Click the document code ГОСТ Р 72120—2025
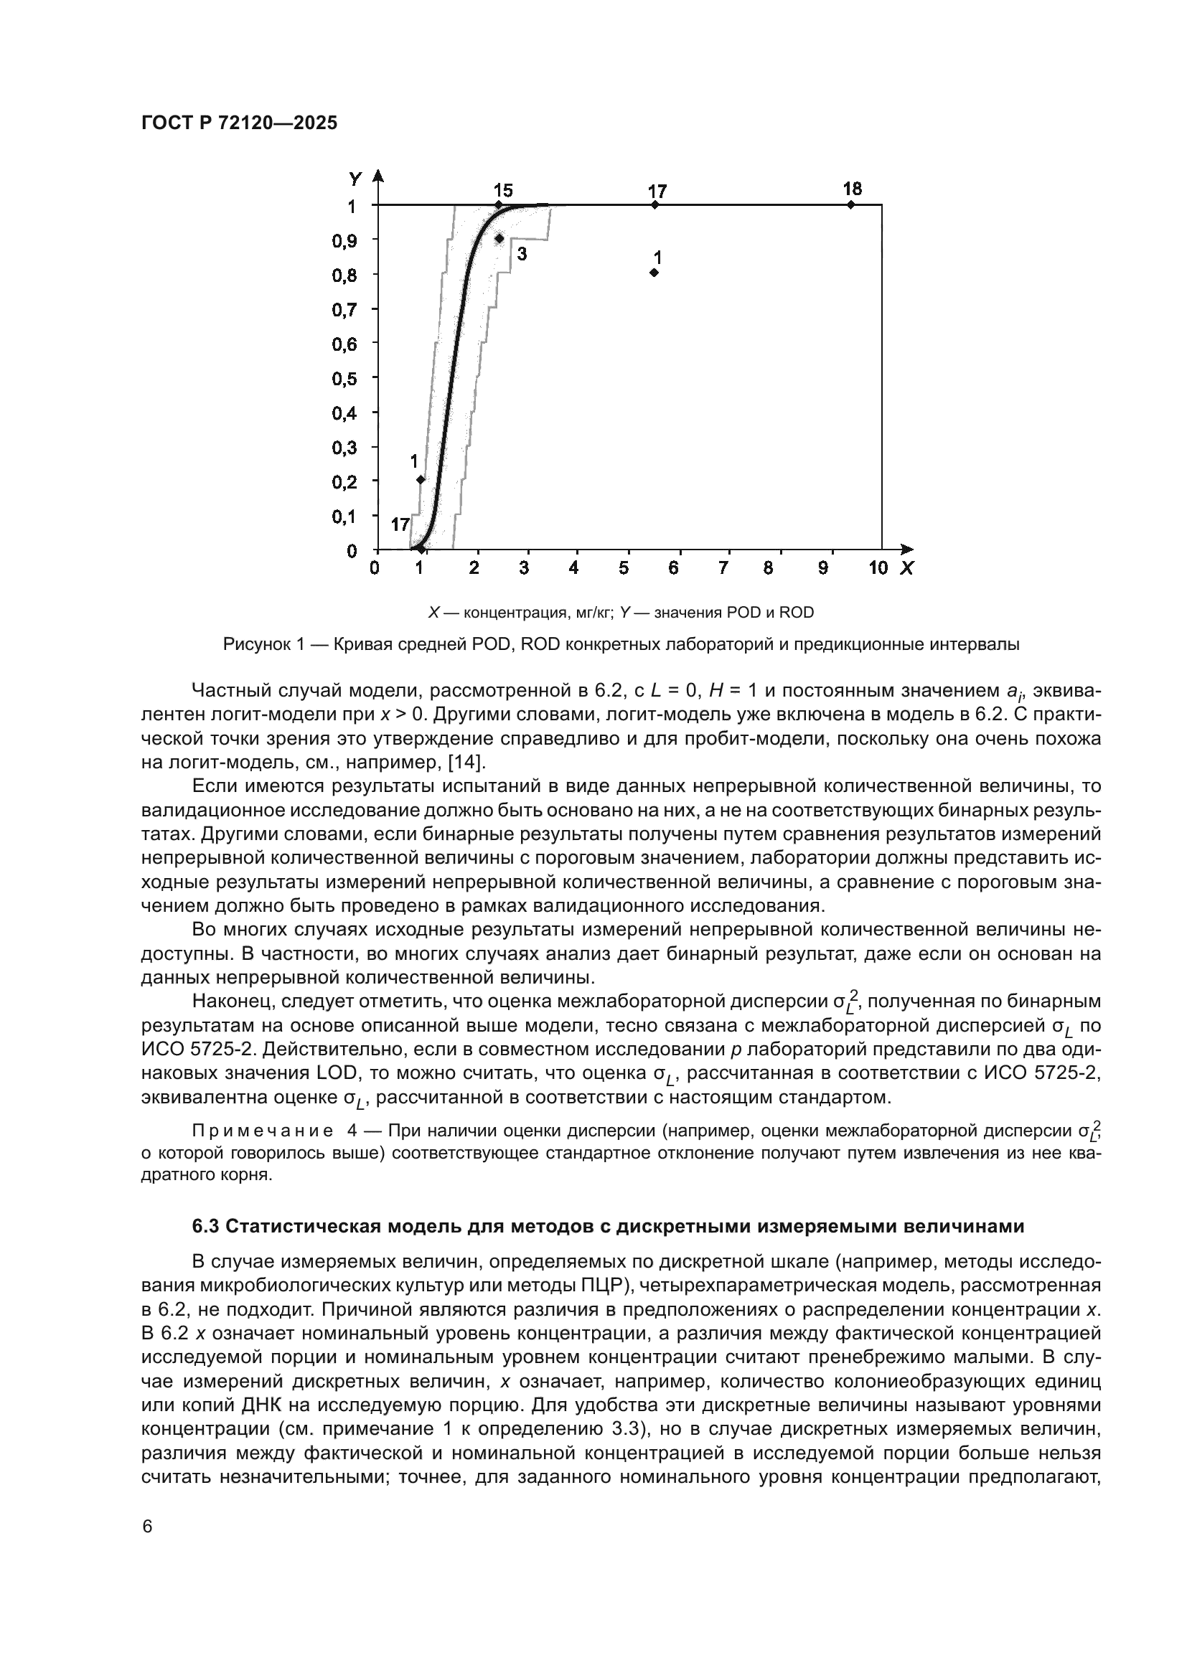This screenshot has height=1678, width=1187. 239,123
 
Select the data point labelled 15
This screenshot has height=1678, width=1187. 499,205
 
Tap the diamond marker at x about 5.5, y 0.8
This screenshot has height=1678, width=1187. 655,273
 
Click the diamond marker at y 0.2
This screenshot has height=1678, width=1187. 421,479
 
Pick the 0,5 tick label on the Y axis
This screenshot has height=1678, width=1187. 344,379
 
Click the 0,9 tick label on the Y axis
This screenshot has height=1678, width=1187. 344,240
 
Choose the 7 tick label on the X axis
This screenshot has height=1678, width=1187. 723,568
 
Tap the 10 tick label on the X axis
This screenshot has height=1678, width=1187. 878,568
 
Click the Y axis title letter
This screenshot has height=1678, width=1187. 355,179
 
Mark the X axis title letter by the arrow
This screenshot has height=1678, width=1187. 906,568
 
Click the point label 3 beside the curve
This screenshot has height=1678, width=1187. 522,255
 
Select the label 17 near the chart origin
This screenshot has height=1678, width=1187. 400,524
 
